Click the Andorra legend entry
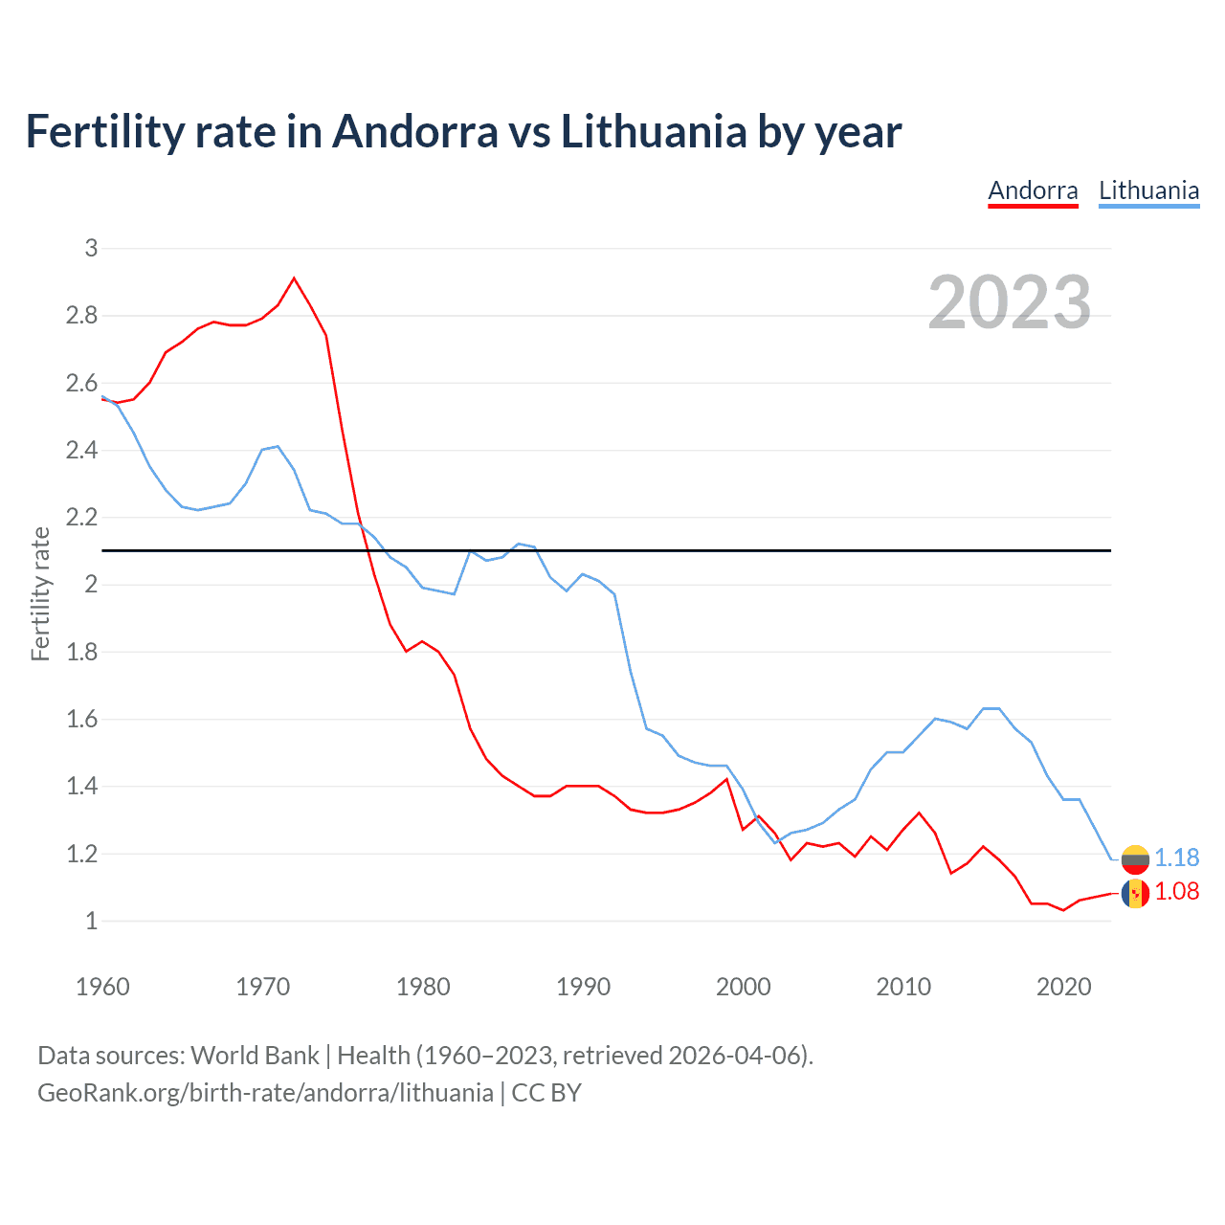(x=1033, y=190)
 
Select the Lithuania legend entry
(x=1148, y=190)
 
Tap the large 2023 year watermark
(x=1010, y=302)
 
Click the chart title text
(x=463, y=131)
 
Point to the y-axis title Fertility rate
(x=40, y=593)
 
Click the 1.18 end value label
(x=1176, y=857)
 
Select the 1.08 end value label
(x=1176, y=891)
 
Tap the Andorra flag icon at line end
(x=1135, y=894)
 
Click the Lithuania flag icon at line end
(x=1135, y=858)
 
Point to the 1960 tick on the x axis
(x=102, y=987)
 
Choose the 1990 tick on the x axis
(x=583, y=987)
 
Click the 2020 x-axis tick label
(x=1063, y=987)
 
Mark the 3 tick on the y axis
(x=91, y=248)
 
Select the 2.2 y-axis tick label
(x=82, y=518)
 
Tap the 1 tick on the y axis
(x=91, y=921)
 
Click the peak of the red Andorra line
(x=294, y=278)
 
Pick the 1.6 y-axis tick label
(x=82, y=719)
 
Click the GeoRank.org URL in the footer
(x=265, y=1093)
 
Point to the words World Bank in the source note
(x=255, y=1056)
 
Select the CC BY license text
(x=546, y=1093)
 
